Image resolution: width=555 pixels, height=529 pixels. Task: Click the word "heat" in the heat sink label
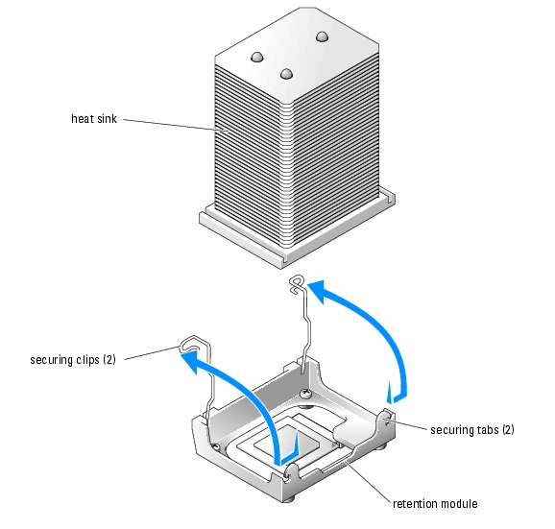[83, 118]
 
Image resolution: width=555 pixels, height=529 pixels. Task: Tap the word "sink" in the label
[108, 118]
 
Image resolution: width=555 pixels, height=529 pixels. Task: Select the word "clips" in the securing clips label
[87, 360]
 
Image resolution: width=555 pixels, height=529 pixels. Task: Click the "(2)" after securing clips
[109, 360]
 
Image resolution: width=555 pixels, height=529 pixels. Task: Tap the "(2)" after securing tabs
[508, 429]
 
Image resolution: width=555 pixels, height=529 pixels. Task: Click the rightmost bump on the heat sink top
[322, 36]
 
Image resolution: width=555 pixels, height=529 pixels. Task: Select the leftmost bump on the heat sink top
[257, 57]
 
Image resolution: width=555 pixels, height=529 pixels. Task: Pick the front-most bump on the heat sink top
[286, 74]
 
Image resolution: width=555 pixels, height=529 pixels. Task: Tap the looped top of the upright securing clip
[297, 284]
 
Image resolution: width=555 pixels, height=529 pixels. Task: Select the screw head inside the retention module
[305, 393]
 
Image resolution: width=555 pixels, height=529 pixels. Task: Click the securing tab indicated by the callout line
[387, 419]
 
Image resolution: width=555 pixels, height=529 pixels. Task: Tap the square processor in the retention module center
[287, 441]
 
